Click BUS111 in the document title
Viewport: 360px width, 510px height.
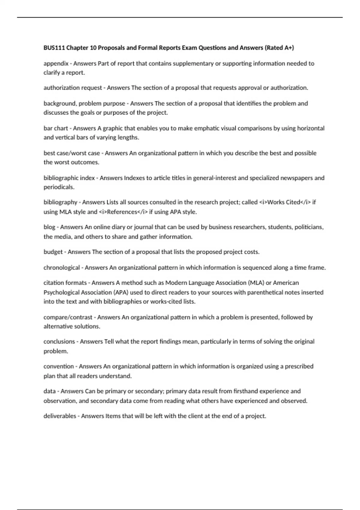[54, 48]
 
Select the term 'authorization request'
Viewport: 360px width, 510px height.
[73, 88]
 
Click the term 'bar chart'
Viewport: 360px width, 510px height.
[56, 128]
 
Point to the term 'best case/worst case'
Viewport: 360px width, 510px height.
[72, 153]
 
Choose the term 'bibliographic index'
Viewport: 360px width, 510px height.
[69, 178]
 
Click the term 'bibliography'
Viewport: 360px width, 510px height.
[60, 202]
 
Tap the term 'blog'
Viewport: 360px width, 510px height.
[49, 227]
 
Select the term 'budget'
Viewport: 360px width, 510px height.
[53, 252]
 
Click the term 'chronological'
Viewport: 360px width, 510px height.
[61, 268]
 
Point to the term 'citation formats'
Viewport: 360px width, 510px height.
[65, 283]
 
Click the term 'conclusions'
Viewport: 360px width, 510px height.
[59, 342]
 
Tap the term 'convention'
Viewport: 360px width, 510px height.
[58, 367]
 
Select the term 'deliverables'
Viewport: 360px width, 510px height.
[60, 416]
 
